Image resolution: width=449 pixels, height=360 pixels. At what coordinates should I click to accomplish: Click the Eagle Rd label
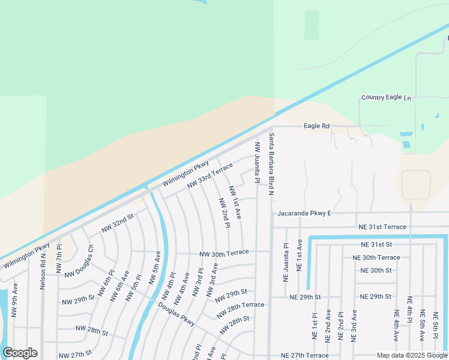pyautogui.click(x=317, y=126)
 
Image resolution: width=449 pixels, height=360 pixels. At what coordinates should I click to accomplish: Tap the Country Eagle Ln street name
pyautogui.click(x=387, y=97)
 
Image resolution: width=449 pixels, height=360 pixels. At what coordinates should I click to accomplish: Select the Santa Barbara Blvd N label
pyautogui.click(x=271, y=164)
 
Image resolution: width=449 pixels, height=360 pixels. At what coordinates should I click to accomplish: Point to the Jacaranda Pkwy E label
pyautogui.click(x=304, y=214)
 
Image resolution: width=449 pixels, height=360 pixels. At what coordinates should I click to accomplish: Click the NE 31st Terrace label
pyautogui.click(x=382, y=227)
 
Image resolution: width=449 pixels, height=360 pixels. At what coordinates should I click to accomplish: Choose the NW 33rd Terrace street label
pyautogui.click(x=209, y=176)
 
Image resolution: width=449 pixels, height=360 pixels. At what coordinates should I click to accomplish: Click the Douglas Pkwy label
pyautogui.click(x=177, y=314)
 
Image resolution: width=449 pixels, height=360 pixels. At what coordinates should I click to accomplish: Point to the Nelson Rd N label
pyautogui.click(x=43, y=271)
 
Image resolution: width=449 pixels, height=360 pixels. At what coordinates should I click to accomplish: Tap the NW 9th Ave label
pyautogui.click(x=15, y=299)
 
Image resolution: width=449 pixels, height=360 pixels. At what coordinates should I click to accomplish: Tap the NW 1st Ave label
pyautogui.click(x=235, y=202)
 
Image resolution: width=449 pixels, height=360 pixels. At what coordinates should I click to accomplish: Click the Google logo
pyautogui.click(x=20, y=353)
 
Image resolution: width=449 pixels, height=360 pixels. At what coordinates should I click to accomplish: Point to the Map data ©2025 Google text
pyautogui.click(x=412, y=355)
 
